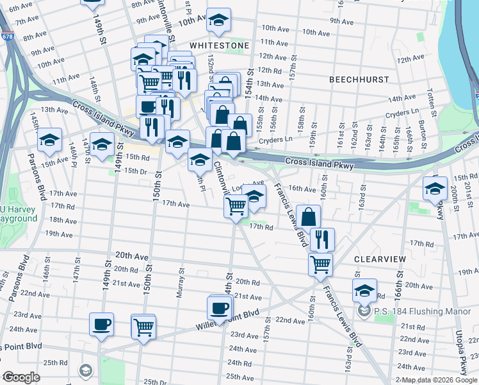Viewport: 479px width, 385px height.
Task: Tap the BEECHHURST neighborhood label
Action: pos(359,80)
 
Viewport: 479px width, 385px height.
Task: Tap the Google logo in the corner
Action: pos(21,377)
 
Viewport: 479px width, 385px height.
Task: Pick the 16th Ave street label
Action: pos(302,189)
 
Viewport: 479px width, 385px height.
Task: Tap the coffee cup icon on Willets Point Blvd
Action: pos(220,307)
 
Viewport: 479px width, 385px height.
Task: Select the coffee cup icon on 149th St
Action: pos(101,324)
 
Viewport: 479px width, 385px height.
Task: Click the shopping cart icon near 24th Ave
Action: pos(143,326)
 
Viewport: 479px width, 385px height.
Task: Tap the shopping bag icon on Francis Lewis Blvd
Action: pos(308,216)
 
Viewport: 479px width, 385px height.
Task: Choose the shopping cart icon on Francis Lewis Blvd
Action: pos(320,263)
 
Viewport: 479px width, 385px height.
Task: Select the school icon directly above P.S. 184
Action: pos(364,290)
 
